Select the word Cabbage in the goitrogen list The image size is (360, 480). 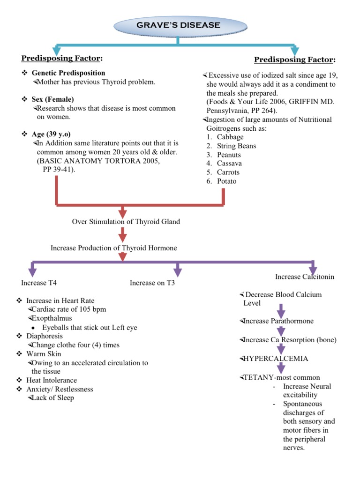pos(230,137)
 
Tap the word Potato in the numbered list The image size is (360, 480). pos(227,181)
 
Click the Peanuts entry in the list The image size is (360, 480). pos(229,155)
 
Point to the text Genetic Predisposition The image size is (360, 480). pos(68,73)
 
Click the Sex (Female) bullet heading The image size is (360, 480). pos(52,99)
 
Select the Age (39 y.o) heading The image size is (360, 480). pos(51,134)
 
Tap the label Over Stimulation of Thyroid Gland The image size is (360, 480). pos(126,222)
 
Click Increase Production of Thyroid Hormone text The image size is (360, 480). pos(114,248)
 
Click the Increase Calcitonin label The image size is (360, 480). pos(305,277)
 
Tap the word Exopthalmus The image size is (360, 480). pos(48,318)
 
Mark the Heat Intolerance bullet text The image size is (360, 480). pos(52,380)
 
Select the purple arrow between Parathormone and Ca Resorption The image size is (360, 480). pos(281,330)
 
